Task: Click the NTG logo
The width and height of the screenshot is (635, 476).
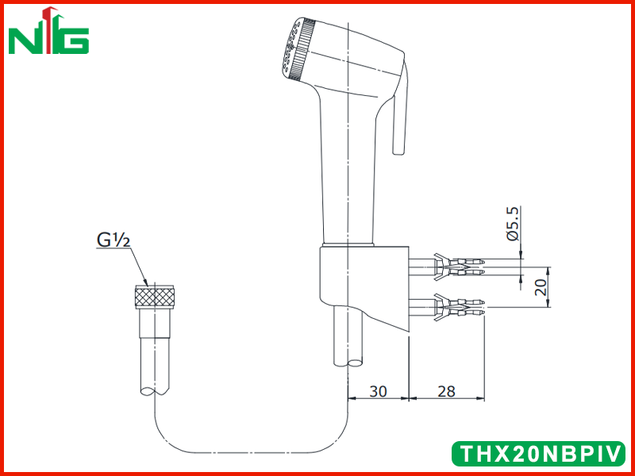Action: click(x=48, y=31)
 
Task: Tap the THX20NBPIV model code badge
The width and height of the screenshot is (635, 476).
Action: click(x=538, y=453)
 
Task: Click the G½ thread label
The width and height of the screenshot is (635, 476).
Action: click(x=114, y=240)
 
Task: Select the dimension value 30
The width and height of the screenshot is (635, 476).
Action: click(x=379, y=391)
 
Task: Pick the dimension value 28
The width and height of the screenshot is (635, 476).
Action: click(x=446, y=391)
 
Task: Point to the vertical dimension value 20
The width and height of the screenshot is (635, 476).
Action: click(x=541, y=286)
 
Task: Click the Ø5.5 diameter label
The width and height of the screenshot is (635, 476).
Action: click(x=513, y=224)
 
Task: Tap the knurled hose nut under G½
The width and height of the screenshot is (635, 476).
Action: click(x=154, y=297)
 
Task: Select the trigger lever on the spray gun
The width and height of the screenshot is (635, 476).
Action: click(x=400, y=109)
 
